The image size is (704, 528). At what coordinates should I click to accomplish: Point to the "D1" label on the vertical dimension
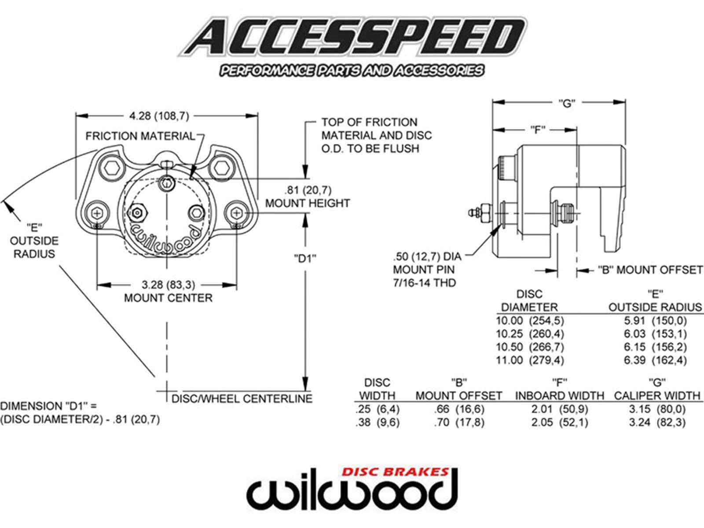pyautogui.click(x=305, y=258)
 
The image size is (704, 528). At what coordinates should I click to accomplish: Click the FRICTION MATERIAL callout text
pyautogui.click(x=140, y=136)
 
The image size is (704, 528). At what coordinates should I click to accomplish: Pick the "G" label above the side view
pyautogui.click(x=567, y=103)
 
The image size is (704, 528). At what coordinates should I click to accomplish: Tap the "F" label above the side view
pyautogui.click(x=536, y=130)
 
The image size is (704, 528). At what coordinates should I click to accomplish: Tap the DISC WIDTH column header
pyautogui.click(x=377, y=389)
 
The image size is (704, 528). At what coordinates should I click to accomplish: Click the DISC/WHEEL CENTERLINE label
pyautogui.click(x=242, y=399)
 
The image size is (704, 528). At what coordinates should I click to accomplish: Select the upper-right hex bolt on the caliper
pyautogui.click(x=220, y=168)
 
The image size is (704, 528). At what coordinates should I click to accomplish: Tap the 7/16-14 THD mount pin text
pyautogui.click(x=424, y=282)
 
